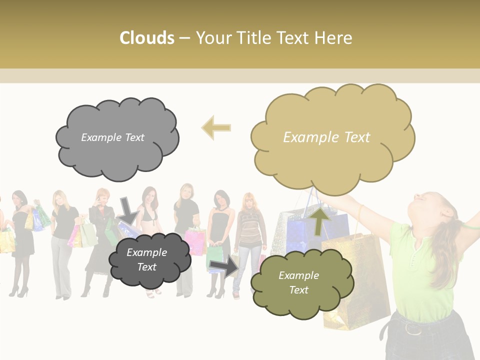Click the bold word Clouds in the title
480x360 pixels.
pyautogui.click(x=147, y=38)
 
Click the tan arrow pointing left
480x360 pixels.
pyautogui.click(x=216, y=128)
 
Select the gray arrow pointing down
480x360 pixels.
pyautogui.click(x=128, y=210)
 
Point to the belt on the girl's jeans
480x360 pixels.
pyautogui.click(x=412, y=328)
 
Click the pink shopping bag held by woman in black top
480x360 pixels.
pyautogui.click(x=195, y=240)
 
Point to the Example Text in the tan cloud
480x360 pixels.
pyautogui.click(x=326, y=137)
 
